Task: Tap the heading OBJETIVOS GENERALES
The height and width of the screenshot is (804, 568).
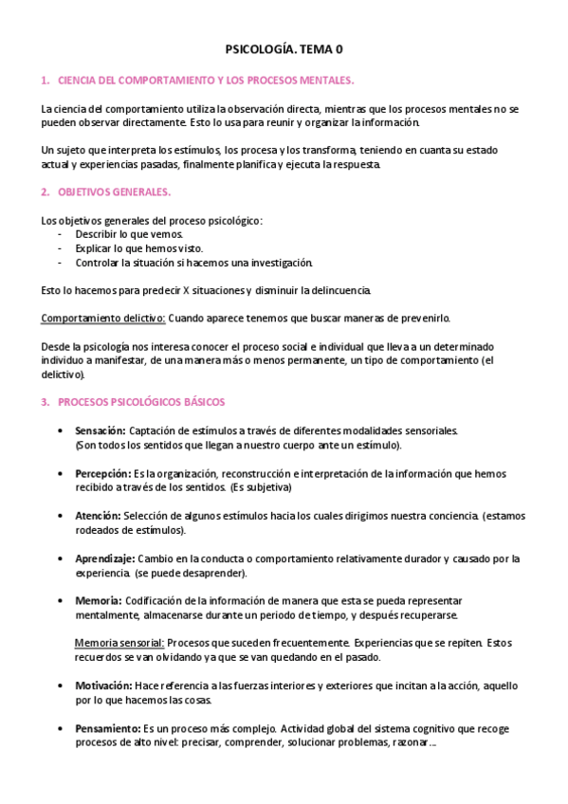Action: click(x=114, y=192)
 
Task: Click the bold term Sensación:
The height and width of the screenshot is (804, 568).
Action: click(x=101, y=430)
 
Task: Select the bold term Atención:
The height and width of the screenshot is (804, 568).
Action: click(x=98, y=516)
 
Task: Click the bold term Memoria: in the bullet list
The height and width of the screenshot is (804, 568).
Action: click(x=98, y=601)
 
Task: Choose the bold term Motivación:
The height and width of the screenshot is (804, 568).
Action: click(x=103, y=685)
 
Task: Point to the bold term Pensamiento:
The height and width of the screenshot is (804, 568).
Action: click(x=108, y=728)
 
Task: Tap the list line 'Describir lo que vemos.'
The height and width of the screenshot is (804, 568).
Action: click(x=130, y=233)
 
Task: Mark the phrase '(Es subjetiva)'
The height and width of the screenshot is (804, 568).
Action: click(x=260, y=487)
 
